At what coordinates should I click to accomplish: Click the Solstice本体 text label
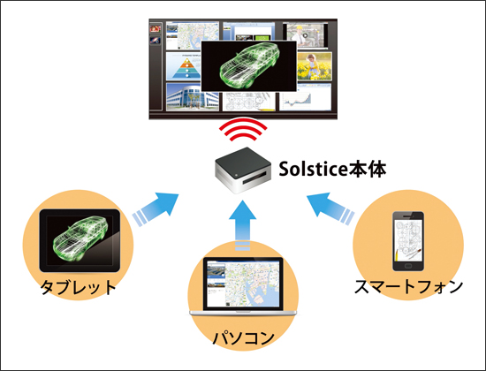click(332, 170)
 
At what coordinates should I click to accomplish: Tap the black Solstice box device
click(243, 170)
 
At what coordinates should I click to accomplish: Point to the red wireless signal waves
click(243, 129)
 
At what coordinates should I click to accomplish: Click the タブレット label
click(79, 287)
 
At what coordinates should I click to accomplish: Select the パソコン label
click(243, 337)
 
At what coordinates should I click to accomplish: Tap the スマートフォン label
click(408, 286)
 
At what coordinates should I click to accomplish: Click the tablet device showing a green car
click(80, 240)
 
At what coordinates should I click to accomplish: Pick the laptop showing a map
click(243, 287)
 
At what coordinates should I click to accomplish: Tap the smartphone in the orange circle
click(408, 241)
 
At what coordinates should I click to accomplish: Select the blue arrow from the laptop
click(243, 225)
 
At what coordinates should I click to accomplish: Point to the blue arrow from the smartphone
click(330, 208)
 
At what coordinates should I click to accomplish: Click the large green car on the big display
click(249, 66)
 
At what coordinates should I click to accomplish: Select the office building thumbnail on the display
click(193, 96)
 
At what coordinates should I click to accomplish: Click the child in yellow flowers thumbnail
click(315, 66)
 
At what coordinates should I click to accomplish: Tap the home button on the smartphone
click(408, 266)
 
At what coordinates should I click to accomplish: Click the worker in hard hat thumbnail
click(306, 35)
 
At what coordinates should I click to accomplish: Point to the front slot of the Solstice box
click(254, 178)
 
